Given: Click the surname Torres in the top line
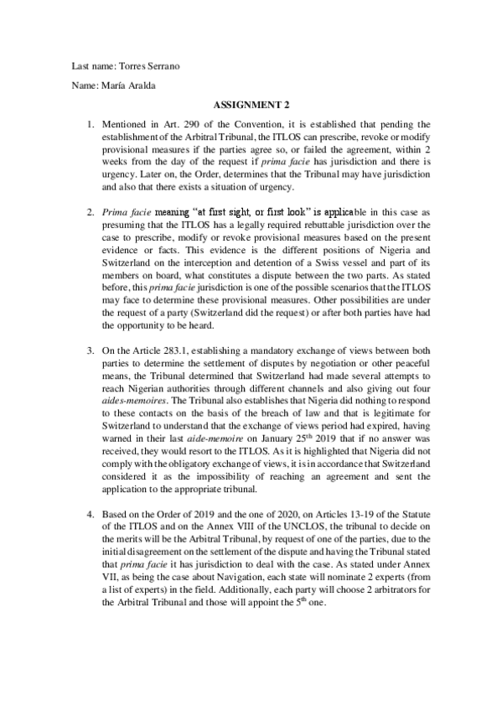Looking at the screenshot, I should click(x=132, y=65).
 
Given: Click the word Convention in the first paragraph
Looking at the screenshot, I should click(x=261, y=125).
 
